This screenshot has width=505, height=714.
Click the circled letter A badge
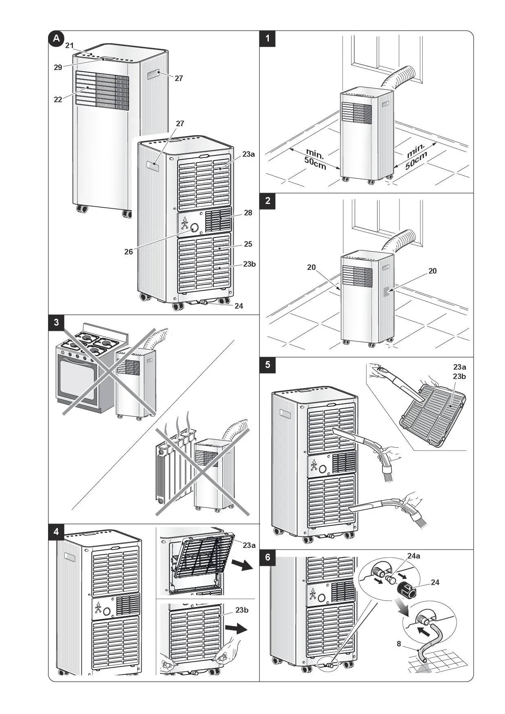click(x=56, y=39)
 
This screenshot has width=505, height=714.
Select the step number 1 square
click(x=268, y=39)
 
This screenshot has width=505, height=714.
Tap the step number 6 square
click(x=268, y=557)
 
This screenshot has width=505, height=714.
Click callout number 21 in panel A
click(x=70, y=46)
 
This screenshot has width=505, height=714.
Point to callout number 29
click(x=58, y=68)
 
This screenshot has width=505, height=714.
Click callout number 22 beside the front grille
click(x=58, y=99)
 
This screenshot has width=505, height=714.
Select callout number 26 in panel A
click(x=129, y=252)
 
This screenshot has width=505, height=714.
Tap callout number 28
click(x=248, y=213)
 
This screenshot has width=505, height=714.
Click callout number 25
click(x=248, y=244)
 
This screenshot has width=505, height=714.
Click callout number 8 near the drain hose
click(x=399, y=644)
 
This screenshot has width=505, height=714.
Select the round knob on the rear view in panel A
click(x=194, y=228)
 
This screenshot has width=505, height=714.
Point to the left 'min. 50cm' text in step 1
click(x=315, y=160)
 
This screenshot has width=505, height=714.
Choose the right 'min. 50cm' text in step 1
click(x=416, y=156)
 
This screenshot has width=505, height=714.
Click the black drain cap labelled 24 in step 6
click(x=407, y=589)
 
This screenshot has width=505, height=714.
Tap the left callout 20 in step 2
click(x=311, y=267)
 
